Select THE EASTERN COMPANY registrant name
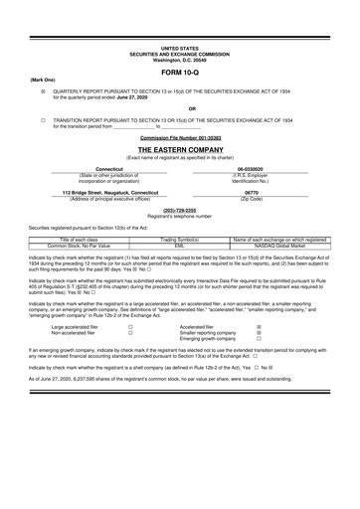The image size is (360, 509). coord(179,148)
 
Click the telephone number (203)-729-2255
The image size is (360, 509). coord(179,211)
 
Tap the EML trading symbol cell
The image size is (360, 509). coord(180,246)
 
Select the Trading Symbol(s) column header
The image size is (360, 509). coord(180,240)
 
